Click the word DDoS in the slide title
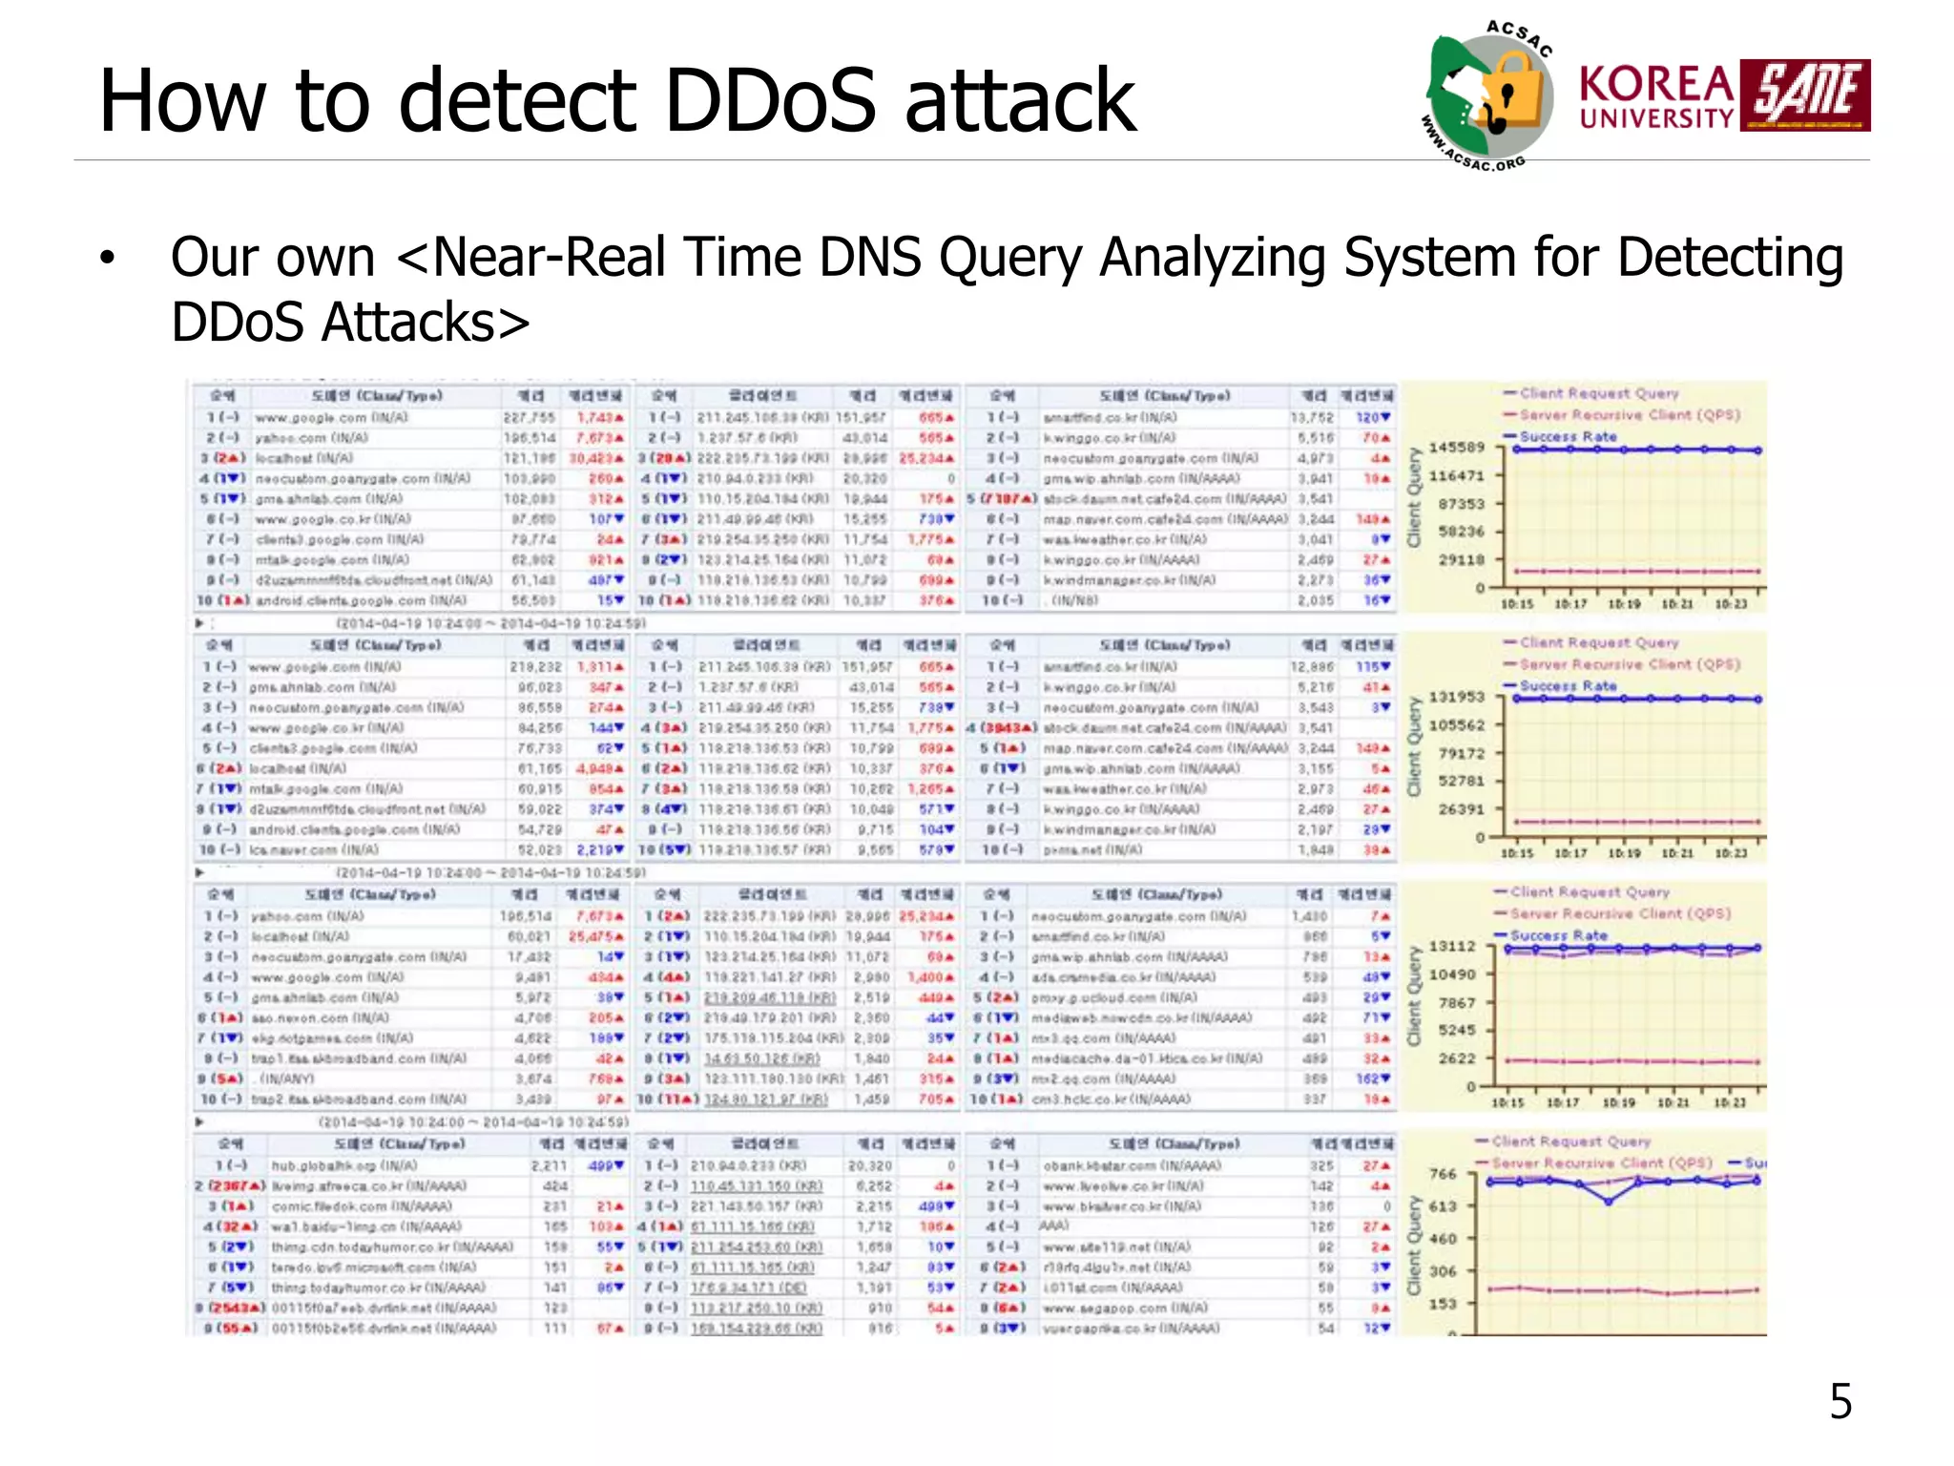tap(769, 100)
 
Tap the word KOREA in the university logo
tap(1656, 85)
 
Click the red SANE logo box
tap(1804, 94)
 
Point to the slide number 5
tap(1840, 1402)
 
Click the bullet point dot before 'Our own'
tap(107, 259)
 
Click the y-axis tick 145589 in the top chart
tap(1460, 448)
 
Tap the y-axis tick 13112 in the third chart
tap(1452, 946)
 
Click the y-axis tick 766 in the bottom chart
tap(1443, 1174)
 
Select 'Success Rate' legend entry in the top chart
tap(1568, 436)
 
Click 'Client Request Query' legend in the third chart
tap(1590, 891)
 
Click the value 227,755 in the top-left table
tap(529, 417)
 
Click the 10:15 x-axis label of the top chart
tap(1516, 604)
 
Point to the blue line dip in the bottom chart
tap(1609, 1202)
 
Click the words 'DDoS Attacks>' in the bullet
tap(350, 323)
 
